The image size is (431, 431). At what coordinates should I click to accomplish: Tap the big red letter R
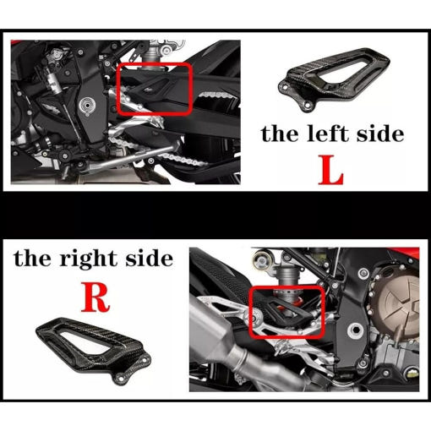95,297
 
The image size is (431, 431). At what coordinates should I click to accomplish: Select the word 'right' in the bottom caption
89,259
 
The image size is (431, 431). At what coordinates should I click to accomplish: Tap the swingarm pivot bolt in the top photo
87,106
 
